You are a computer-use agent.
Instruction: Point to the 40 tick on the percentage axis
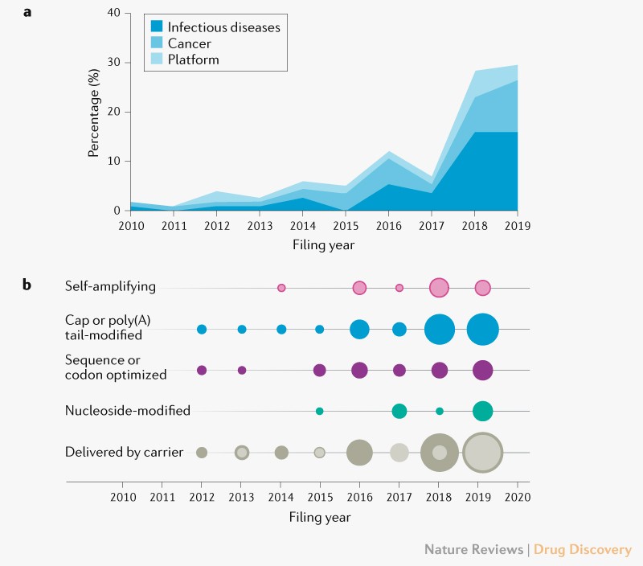tap(113, 14)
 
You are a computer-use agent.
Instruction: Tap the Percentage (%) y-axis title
tap(95, 113)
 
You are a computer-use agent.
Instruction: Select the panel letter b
tap(27, 285)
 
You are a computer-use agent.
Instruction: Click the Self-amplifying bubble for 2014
tap(281, 288)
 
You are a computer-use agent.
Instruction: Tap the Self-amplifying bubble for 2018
tap(439, 288)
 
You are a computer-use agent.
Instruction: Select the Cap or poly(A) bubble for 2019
tap(482, 330)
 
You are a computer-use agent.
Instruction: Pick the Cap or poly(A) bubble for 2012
tap(202, 330)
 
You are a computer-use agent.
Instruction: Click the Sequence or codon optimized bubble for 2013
tap(242, 371)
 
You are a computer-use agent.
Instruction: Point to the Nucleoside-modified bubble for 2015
tap(320, 412)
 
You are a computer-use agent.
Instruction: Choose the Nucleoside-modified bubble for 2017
tap(399, 412)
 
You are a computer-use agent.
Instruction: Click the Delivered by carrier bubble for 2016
tap(359, 453)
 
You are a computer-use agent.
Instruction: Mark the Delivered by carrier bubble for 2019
tap(483, 453)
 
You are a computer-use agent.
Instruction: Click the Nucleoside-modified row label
tap(127, 411)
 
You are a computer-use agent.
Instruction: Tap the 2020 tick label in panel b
tap(517, 497)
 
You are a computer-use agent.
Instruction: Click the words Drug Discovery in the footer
tap(584, 550)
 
